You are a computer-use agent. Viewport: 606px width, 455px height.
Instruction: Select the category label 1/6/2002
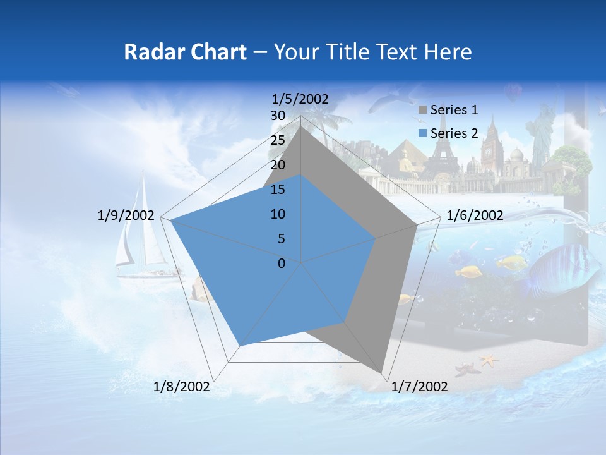[475, 215]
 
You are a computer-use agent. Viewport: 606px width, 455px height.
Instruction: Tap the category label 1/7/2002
[420, 387]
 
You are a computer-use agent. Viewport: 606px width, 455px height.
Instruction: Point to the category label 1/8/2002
[182, 387]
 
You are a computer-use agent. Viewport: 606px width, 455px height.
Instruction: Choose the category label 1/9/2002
[126, 215]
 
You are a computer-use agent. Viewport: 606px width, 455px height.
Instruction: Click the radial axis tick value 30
[278, 116]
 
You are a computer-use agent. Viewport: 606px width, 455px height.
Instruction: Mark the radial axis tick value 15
[278, 190]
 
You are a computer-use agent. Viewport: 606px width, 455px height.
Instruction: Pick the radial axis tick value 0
[282, 263]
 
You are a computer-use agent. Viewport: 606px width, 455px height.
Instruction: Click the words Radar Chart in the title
[185, 52]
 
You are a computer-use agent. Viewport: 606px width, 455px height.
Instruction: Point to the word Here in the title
[448, 52]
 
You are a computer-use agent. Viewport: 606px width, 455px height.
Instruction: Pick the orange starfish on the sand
[488, 360]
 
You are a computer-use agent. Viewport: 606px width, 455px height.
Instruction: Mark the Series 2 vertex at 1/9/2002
[170, 221]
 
